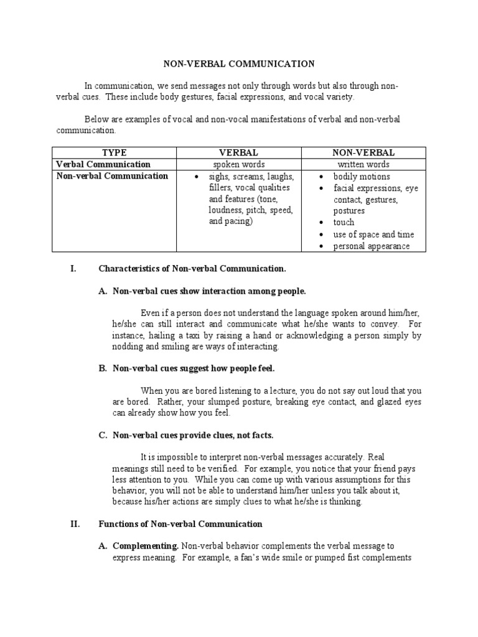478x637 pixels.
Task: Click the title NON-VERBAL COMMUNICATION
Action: tap(239, 63)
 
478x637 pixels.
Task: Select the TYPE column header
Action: tap(114, 152)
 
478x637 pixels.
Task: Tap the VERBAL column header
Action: tap(238, 152)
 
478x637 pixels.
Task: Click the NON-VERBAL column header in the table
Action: tap(363, 152)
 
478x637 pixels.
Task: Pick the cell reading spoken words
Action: tap(238, 164)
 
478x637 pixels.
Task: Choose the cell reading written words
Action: tap(363, 164)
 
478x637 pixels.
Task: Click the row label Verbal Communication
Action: tap(103, 164)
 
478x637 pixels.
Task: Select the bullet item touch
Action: tap(344, 222)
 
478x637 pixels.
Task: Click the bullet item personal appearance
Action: tap(371, 246)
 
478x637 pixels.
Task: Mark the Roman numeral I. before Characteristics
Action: tap(73, 269)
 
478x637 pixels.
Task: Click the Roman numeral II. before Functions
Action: tap(75, 524)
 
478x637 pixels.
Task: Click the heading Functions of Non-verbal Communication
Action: tap(180, 524)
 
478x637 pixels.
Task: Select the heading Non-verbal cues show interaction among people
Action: tap(209, 291)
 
